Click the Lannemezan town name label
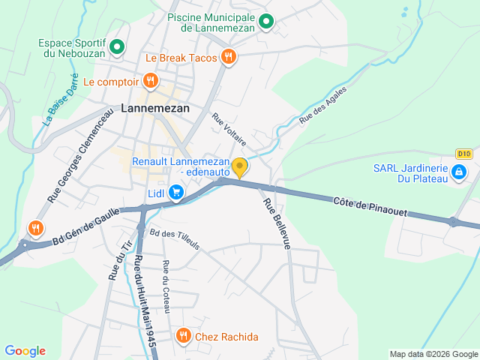click(155, 108)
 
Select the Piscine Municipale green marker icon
click(265, 22)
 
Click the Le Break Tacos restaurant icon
click(229, 57)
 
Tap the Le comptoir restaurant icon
click(151, 81)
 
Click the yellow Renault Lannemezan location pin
click(239, 167)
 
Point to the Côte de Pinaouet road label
click(370, 208)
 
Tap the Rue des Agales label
click(323, 109)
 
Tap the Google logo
click(25, 351)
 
